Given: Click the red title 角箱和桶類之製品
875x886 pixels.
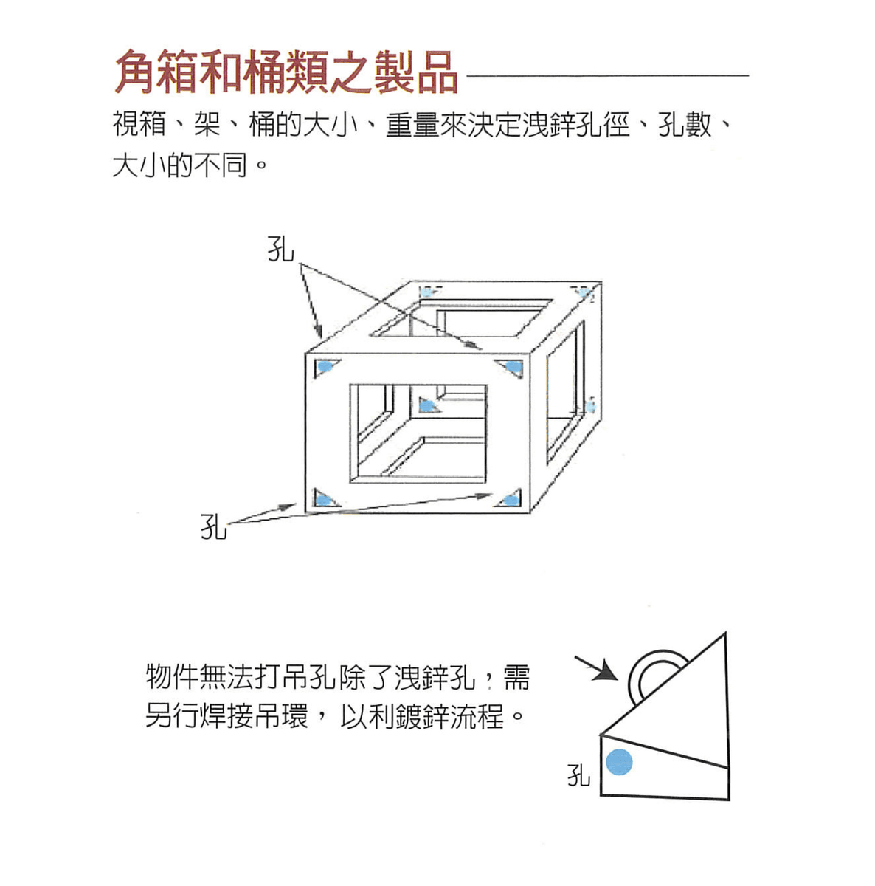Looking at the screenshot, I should [x=286, y=72].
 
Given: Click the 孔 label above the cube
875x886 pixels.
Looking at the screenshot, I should [x=280, y=250].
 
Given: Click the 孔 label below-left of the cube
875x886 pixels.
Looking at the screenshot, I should [x=214, y=527].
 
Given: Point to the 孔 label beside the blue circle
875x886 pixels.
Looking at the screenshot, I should [x=579, y=775].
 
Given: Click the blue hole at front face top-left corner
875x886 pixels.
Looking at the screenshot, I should [x=324, y=367].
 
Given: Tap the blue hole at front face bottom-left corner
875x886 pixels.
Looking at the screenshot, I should [x=322, y=499].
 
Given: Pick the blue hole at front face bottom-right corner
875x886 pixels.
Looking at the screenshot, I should [x=508, y=500].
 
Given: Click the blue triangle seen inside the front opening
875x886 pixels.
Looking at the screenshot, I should [x=427, y=405].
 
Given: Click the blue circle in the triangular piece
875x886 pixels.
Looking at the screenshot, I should [x=619, y=762].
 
